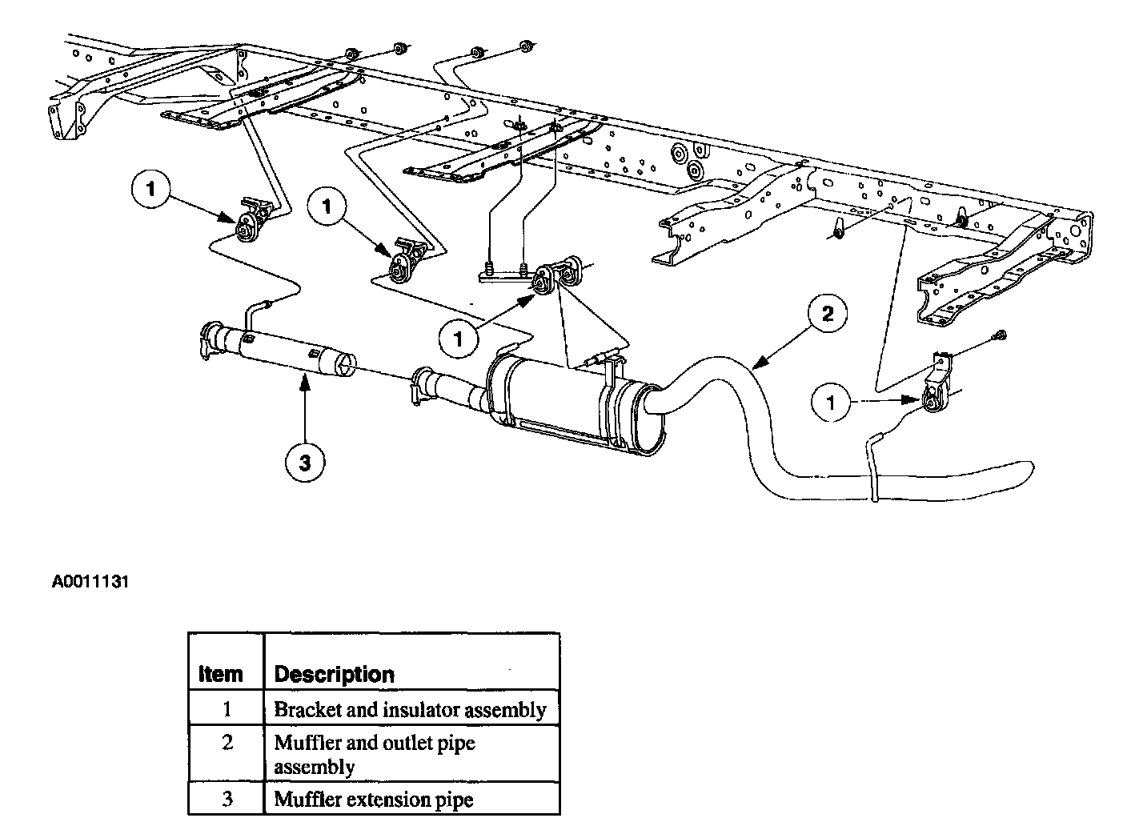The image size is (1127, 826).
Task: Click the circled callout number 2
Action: [x=828, y=315]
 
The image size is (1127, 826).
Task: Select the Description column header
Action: [x=334, y=674]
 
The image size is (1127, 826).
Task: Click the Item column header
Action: [x=220, y=674]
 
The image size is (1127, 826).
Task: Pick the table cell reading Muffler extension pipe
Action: [x=373, y=799]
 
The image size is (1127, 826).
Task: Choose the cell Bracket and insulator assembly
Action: [x=410, y=709]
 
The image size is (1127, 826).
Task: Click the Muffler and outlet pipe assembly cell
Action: [x=375, y=754]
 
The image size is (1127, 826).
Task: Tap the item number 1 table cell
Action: [x=227, y=708]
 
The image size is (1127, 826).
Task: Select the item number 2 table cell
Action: [x=227, y=743]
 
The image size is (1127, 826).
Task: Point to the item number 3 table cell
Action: [x=227, y=798]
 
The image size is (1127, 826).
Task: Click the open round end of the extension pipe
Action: [x=347, y=365]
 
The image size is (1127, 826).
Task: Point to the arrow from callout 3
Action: [x=305, y=408]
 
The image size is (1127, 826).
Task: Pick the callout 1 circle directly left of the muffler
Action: [x=459, y=339]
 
